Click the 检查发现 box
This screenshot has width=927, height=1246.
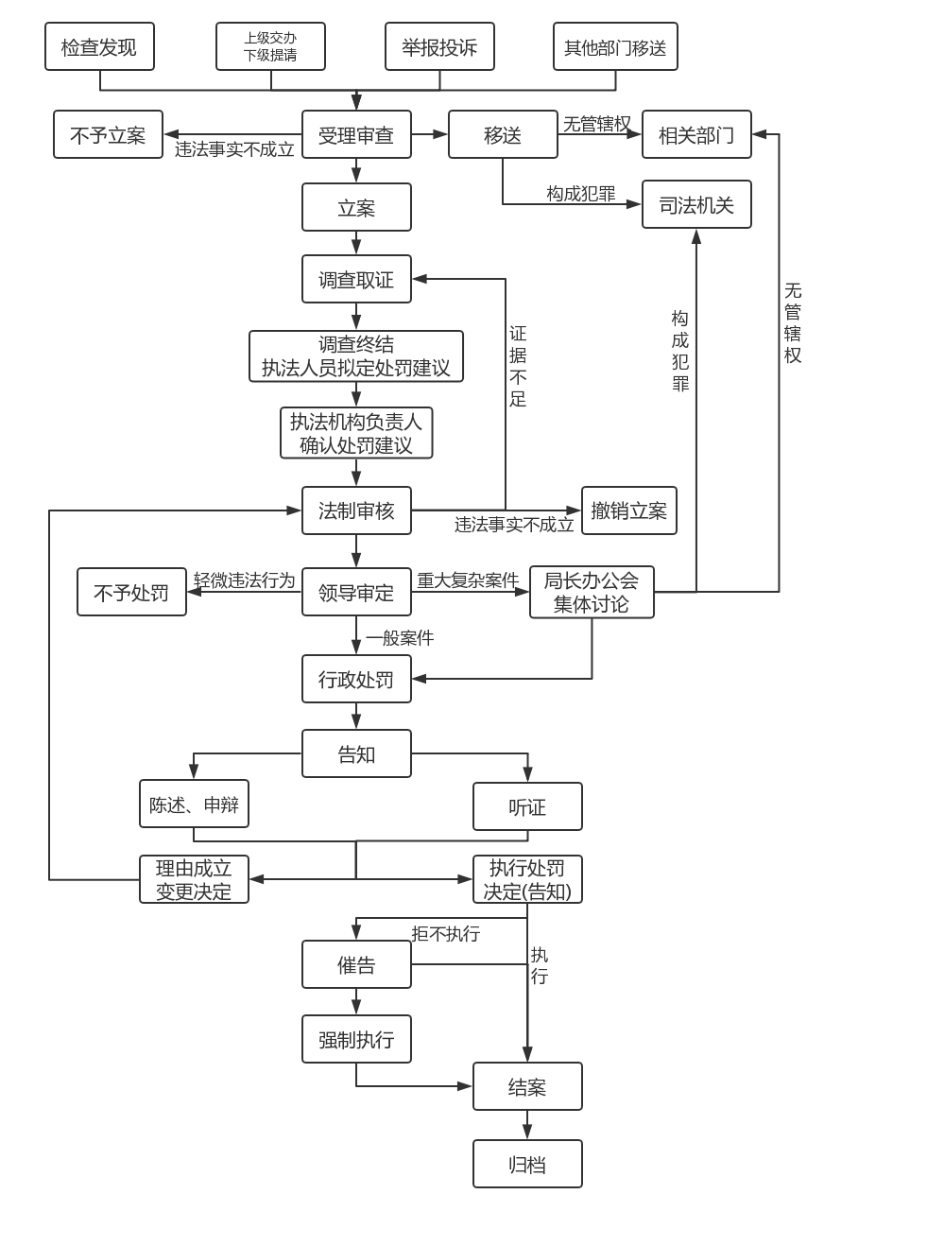click(99, 46)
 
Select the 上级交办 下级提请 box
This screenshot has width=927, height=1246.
click(270, 46)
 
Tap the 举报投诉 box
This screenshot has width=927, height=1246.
click(439, 46)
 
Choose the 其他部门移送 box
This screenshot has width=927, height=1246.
click(615, 46)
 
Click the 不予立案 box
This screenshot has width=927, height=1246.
click(108, 134)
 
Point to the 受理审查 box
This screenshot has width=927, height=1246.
click(356, 134)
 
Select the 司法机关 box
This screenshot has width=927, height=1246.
click(696, 204)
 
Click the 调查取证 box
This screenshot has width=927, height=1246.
click(356, 279)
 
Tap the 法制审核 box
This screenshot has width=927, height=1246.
click(356, 511)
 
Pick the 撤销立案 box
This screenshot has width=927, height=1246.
click(628, 511)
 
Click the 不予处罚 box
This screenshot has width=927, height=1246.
click(131, 592)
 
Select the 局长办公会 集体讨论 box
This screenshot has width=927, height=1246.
click(592, 592)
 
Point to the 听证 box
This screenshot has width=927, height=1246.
click(527, 806)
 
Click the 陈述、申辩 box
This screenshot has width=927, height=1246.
click(194, 804)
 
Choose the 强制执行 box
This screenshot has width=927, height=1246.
click(356, 1039)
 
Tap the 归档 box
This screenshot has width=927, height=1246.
click(527, 1164)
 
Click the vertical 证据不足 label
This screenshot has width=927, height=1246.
click(518, 366)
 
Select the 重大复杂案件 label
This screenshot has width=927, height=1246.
click(468, 580)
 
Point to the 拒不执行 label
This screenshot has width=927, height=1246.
click(445, 933)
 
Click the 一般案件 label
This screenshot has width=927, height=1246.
click(400, 638)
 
